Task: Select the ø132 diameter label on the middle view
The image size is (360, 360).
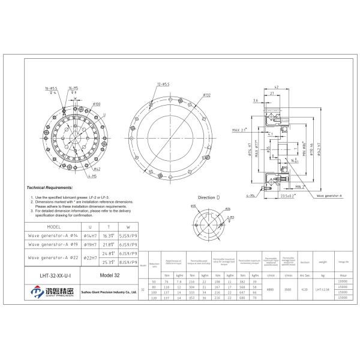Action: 206,95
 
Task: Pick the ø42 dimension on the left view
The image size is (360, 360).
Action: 97,170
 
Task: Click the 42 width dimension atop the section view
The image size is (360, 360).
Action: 274,86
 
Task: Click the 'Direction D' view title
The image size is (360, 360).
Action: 209,197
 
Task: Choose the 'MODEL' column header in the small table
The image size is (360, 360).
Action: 53,228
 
